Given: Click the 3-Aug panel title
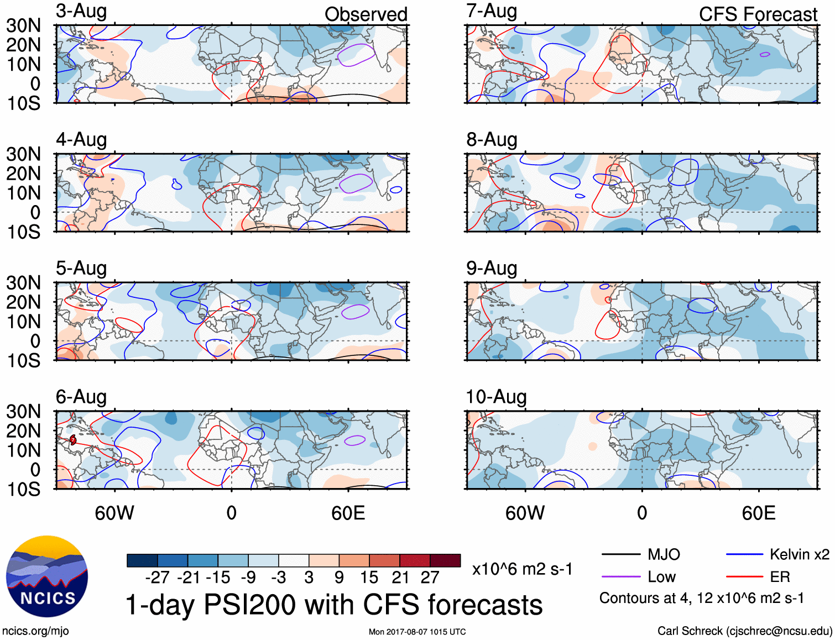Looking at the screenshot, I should (81, 12).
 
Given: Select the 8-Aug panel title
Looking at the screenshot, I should (492, 140).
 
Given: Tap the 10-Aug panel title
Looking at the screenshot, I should (496, 397).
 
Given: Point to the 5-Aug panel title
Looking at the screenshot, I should (81, 269).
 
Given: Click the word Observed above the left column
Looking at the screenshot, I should (366, 14).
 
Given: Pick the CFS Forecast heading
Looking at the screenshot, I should (758, 14).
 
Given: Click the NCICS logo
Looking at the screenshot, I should (47, 576).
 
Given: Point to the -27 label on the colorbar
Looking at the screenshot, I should (157, 578).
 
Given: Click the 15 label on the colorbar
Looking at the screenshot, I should (369, 578).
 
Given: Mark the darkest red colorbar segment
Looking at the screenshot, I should (445, 560).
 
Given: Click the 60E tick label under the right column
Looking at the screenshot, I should (758, 513).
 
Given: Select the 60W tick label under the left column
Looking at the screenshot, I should (114, 513).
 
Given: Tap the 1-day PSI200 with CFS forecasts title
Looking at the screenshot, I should (334, 605).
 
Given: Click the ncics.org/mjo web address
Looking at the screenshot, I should (35, 631).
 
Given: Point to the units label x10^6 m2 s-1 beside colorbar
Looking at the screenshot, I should (522, 569).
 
